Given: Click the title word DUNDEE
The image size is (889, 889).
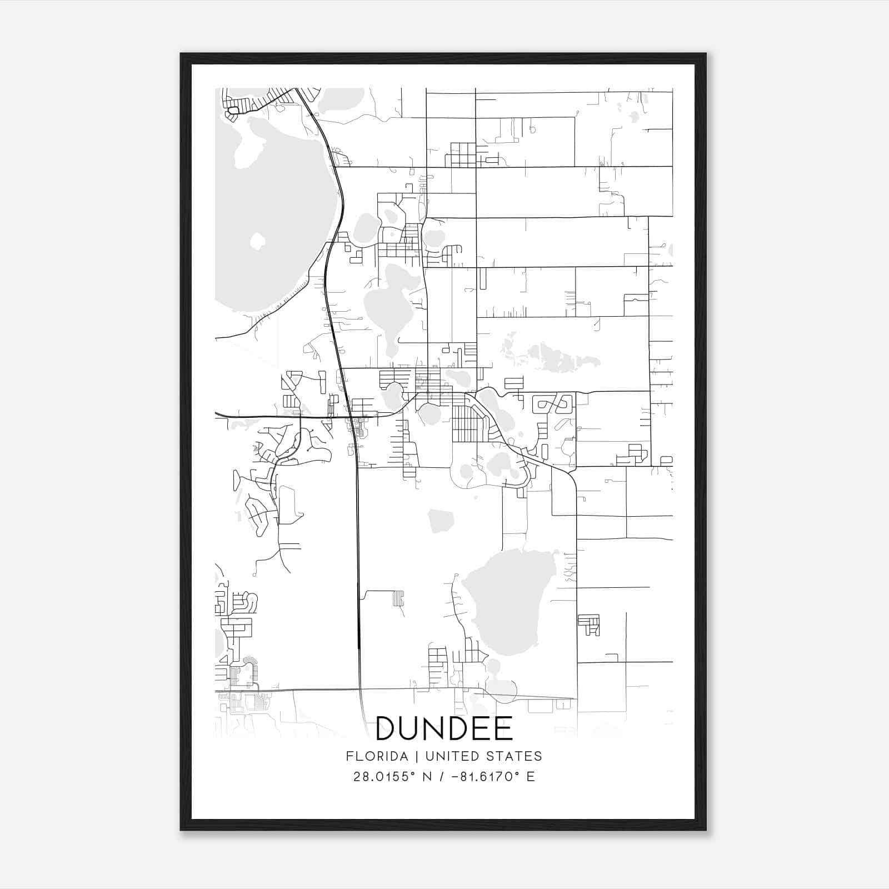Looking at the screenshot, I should tap(444, 728).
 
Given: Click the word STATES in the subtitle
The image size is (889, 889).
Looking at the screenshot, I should tap(515, 756).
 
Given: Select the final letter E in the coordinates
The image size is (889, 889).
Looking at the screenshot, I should tap(531, 777).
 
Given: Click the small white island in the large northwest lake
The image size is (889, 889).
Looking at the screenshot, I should tap(257, 241).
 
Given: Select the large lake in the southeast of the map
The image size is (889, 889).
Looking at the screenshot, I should tap(508, 600).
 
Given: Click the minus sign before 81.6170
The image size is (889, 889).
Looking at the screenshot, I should tap(455, 777).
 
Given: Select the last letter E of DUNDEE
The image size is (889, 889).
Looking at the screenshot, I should tap(503, 728).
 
